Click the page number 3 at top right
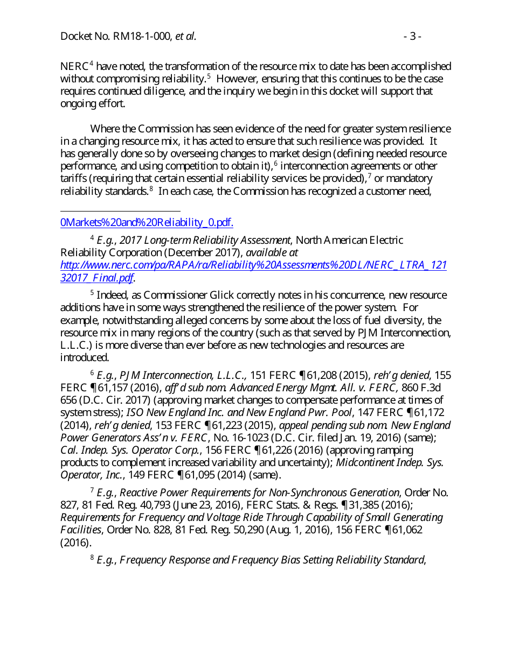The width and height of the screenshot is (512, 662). tap(412, 37)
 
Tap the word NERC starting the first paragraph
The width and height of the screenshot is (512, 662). tap(74, 67)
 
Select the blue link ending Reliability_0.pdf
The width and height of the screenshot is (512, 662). tap(147, 223)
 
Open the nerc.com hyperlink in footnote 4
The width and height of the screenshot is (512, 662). tap(253, 265)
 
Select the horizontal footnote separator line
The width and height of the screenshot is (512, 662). tap(120, 212)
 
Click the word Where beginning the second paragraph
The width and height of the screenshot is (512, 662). tap(106, 129)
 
